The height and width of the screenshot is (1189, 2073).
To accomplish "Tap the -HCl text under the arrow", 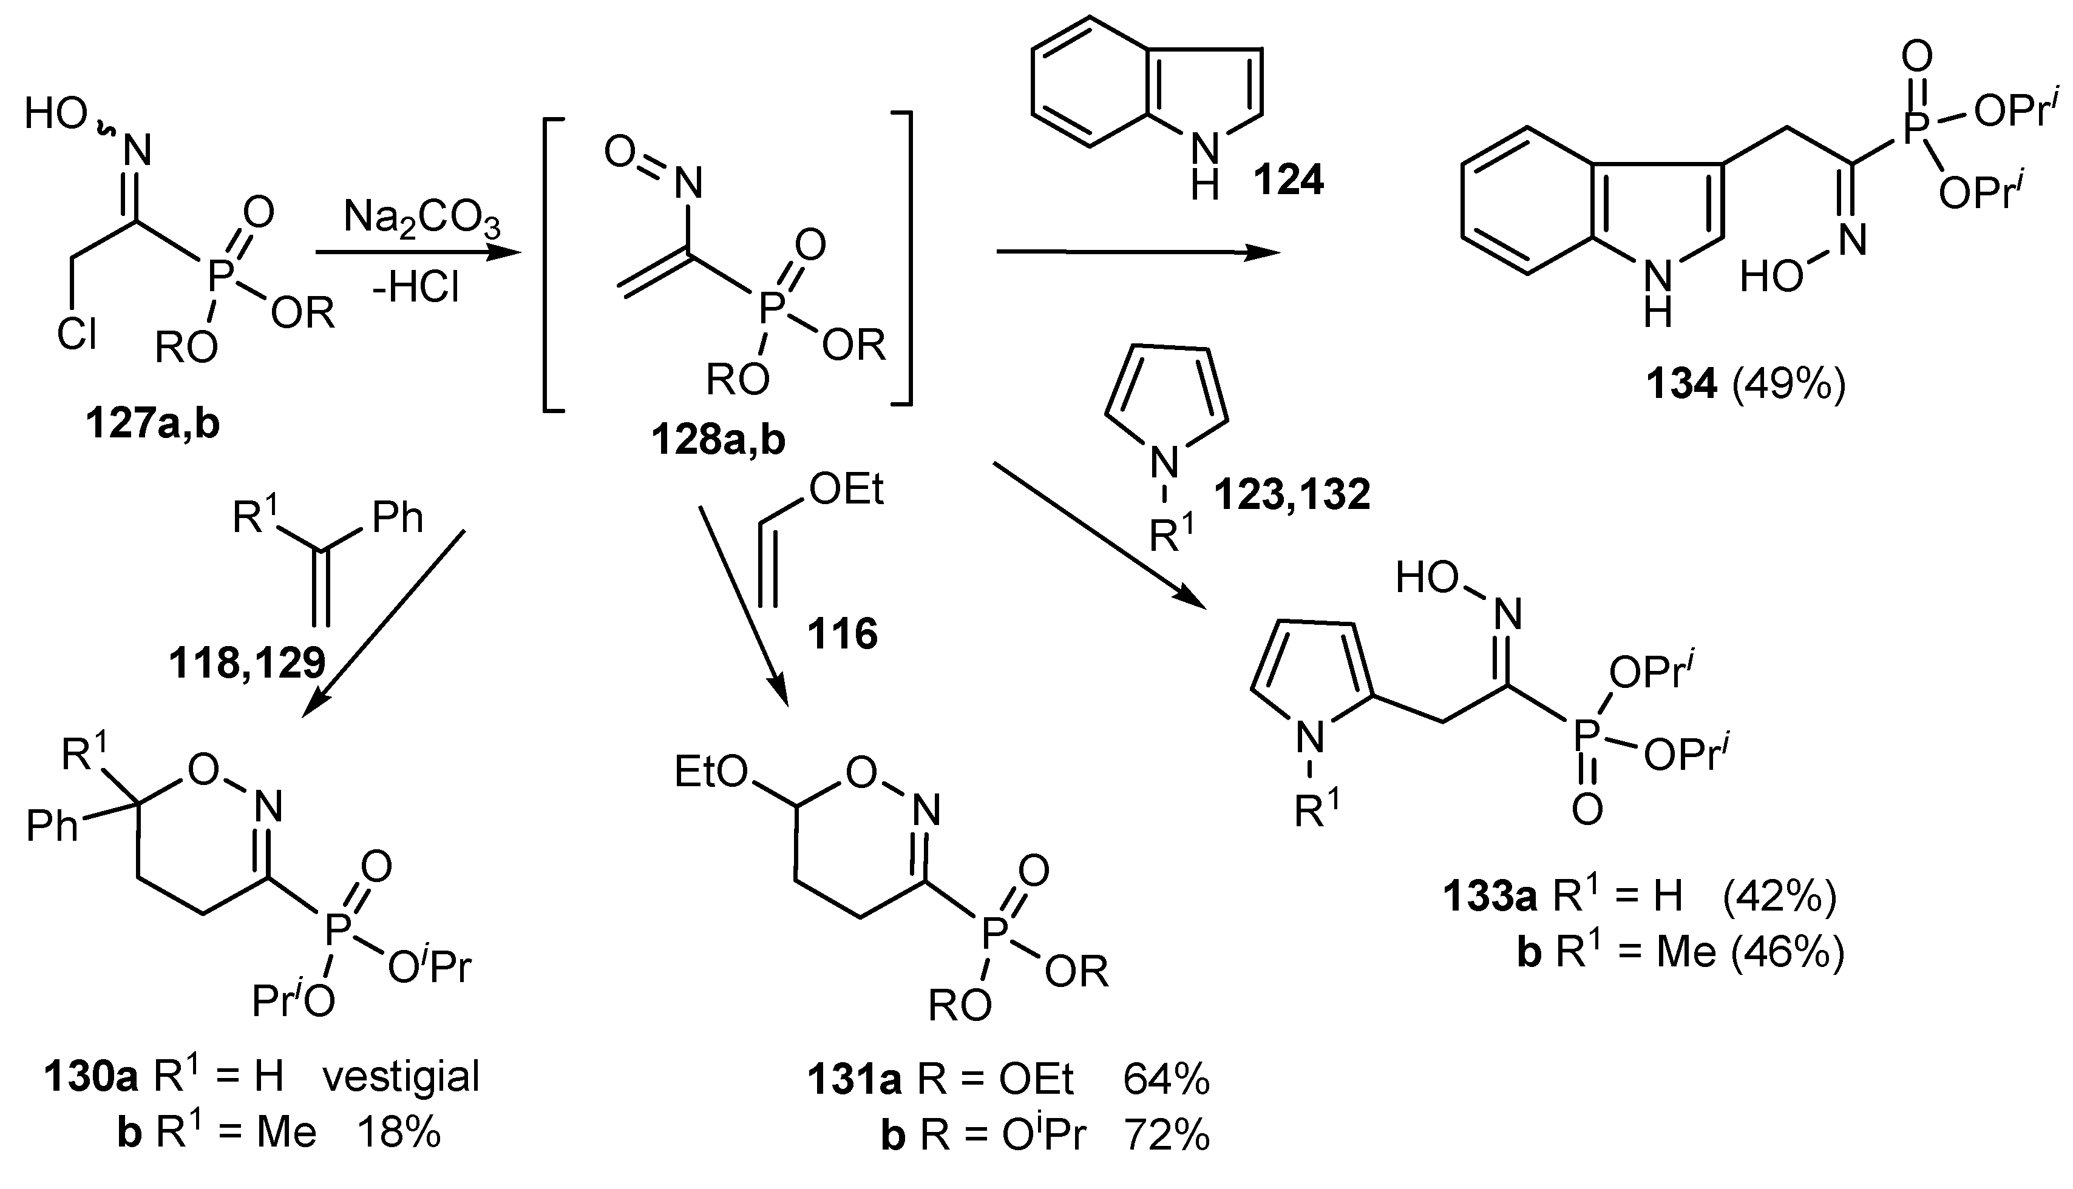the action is (x=415, y=288).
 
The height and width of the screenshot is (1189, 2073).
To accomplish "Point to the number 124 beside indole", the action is (x=1289, y=180).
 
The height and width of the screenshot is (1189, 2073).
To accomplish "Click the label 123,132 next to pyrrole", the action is (x=1292, y=495).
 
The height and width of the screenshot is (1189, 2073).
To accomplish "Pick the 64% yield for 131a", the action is (x=1166, y=1080).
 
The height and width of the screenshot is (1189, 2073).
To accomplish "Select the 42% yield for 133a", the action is (x=1779, y=897).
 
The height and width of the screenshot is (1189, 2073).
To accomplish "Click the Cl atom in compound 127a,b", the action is (x=77, y=334).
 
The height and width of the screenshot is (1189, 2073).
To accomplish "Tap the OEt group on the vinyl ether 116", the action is (x=846, y=491).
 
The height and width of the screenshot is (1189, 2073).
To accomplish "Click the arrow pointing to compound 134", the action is (x=1138, y=253).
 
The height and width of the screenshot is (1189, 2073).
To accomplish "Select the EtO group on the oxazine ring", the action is (x=711, y=772).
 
